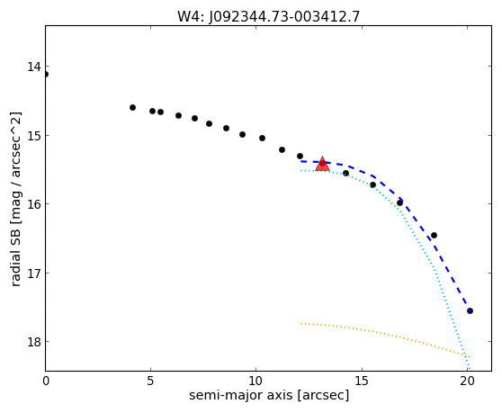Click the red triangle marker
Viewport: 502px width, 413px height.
pyautogui.click(x=322, y=165)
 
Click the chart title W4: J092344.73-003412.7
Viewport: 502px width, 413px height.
pyautogui.click(x=269, y=16)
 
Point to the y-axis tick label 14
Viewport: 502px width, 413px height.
pyautogui.click(x=34, y=67)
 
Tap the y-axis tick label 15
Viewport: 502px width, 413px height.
pyautogui.click(x=34, y=136)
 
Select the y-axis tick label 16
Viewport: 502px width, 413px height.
pyautogui.click(x=34, y=204)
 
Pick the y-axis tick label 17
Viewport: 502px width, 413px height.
pyautogui.click(x=34, y=274)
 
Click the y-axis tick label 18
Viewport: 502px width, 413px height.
pyautogui.click(x=34, y=342)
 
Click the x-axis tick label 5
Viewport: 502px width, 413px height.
pyautogui.click(x=150, y=381)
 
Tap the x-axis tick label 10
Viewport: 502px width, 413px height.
pyautogui.click(x=256, y=381)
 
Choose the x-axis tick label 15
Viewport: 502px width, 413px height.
pyautogui.click(x=362, y=381)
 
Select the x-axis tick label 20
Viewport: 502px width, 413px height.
pyautogui.click(x=468, y=381)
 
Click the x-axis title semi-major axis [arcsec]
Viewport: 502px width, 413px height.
pyautogui.click(x=269, y=395)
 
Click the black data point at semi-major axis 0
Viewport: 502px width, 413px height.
pyautogui.click(x=46, y=75)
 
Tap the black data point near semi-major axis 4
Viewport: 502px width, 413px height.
pyautogui.click(x=132, y=108)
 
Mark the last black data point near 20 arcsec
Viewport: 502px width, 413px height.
pyautogui.click(x=470, y=310)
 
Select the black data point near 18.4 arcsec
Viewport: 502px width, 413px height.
pyautogui.click(x=434, y=236)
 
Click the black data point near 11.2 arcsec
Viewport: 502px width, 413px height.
pyautogui.click(x=282, y=150)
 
